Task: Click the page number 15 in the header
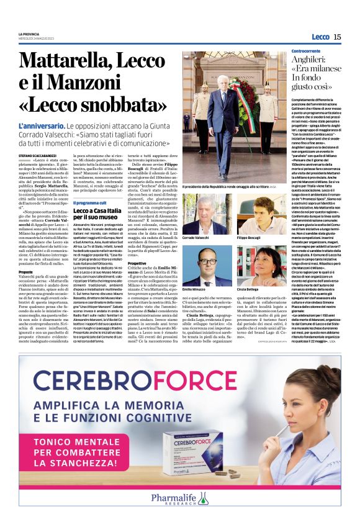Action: [337, 37]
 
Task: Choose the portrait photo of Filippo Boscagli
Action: [255, 212]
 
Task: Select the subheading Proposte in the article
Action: [26, 271]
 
